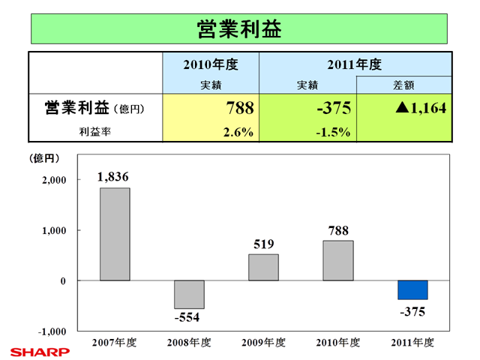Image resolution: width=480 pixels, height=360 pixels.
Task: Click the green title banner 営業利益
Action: (239, 28)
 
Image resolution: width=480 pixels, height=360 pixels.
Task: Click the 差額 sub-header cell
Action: (405, 85)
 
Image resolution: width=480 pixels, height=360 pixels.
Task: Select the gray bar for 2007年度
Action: (115, 234)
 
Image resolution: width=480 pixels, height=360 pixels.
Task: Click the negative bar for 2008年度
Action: (189, 294)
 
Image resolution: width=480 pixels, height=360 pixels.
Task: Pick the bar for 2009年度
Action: (263, 267)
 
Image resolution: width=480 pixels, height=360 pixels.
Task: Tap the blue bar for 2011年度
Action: (412, 289)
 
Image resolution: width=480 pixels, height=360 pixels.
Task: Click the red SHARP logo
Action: (39, 350)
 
